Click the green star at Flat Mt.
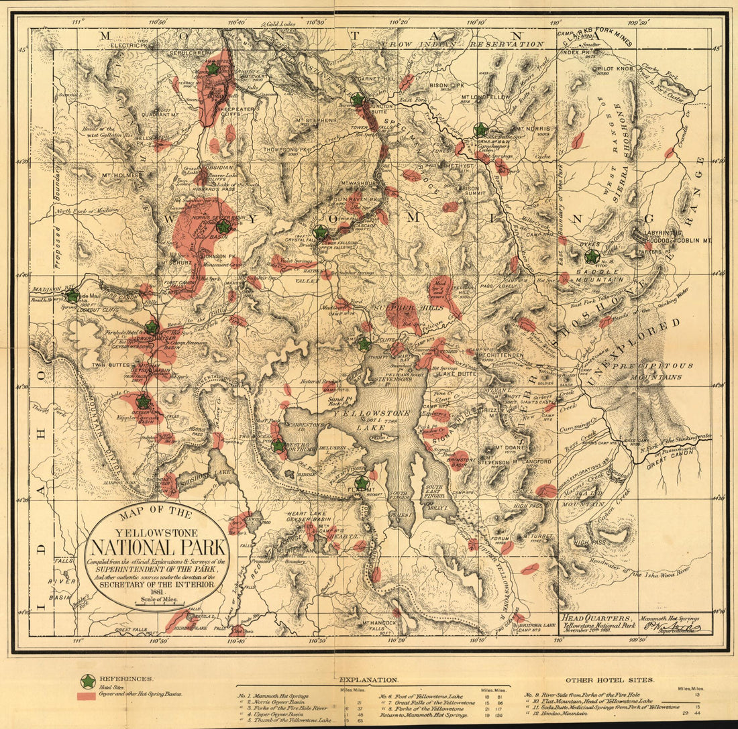coord(362,483)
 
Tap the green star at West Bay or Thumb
coord(278,445)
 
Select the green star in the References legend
coord(87,681)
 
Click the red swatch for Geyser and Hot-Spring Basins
coord(87,697)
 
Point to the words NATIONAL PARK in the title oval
coord(157,549)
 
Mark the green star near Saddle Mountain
coord(591,257)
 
